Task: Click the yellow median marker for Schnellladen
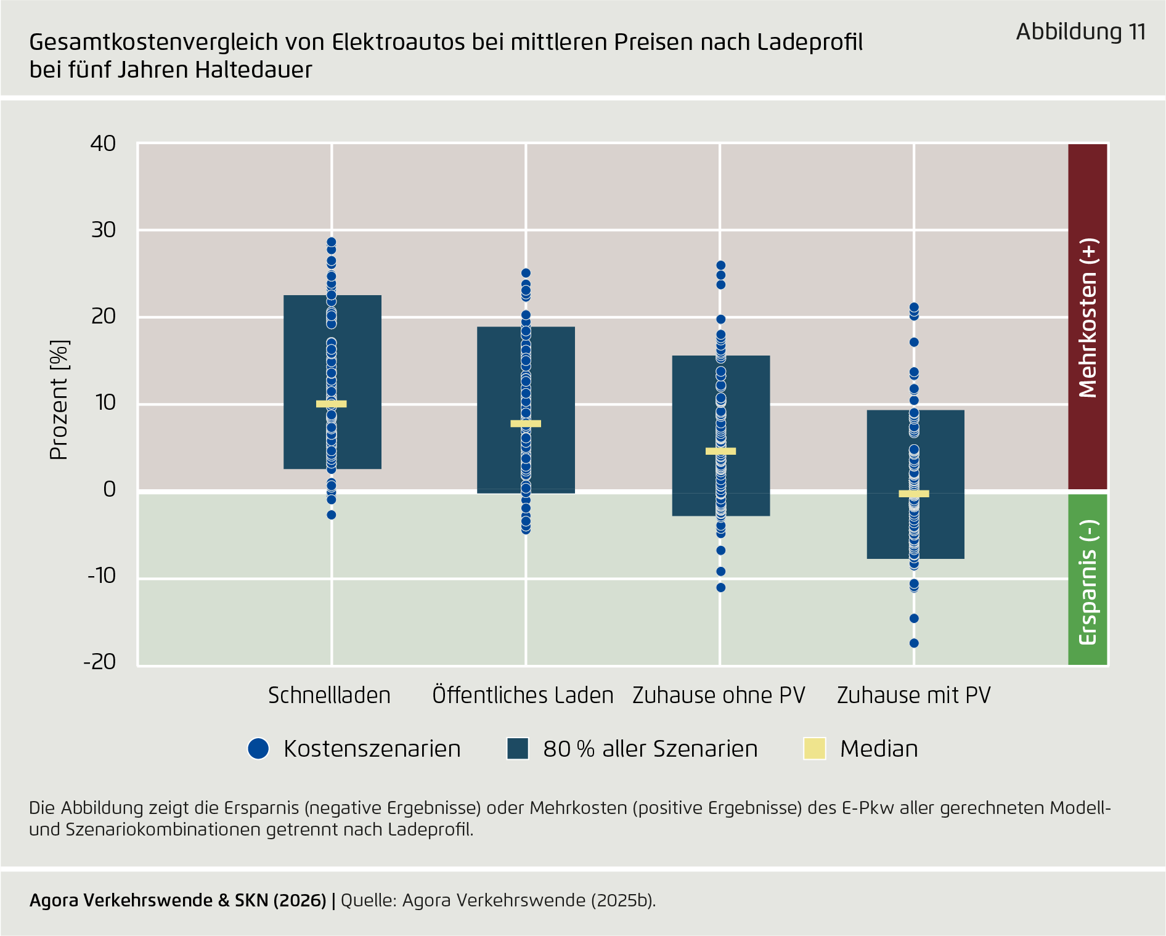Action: [x=332, y=404]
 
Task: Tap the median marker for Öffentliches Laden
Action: [x=526, y=423]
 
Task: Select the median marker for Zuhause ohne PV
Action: [x=720, y=451]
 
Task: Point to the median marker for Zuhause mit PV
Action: [x=914, y=494]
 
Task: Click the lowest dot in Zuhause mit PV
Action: [x=914, y=643]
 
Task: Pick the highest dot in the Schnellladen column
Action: [x=332, y=242]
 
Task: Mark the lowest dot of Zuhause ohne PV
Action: [x=720, y=587]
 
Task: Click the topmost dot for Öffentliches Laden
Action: [x=526, y=273]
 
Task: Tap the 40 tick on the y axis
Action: [x=103, y=144]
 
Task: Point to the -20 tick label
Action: [x=100, y=662]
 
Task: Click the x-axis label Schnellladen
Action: [x=329, y=695]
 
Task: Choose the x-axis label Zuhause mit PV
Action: [x=913, y=695]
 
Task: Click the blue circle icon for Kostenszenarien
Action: [x=258, y=749]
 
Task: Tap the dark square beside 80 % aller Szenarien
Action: [x=518, y=749]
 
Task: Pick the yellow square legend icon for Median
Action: [x=815, y=749]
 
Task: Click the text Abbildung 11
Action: [x=1080, y=31]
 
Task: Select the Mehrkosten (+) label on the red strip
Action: [x=1088, y=318]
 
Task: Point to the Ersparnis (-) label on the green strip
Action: [x=1088, y=582]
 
